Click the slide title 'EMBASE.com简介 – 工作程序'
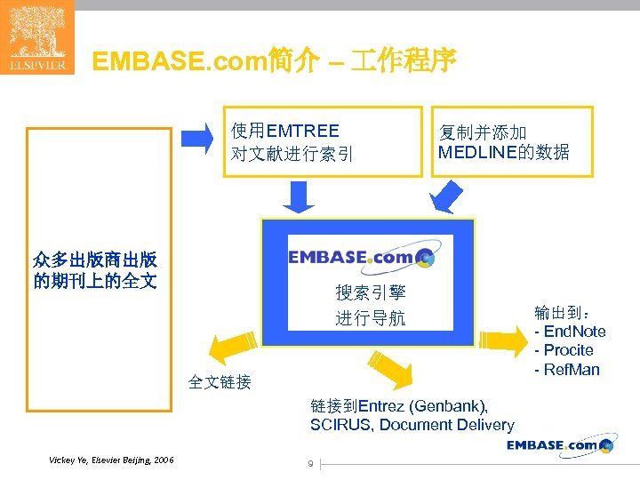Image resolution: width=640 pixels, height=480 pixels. coord(275,61)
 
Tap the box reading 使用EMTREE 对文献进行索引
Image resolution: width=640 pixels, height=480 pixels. coord(322,142)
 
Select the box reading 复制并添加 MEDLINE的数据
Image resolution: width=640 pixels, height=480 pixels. coord(512,142)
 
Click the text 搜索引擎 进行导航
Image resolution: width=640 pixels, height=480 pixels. coord(370,305)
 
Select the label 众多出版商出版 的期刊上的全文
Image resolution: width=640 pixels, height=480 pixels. coord(95,271)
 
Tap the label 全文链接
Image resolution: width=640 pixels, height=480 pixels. coord(220,382)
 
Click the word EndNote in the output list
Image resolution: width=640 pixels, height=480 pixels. coord(575,332)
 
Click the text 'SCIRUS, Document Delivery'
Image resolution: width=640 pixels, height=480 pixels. coord(412,425)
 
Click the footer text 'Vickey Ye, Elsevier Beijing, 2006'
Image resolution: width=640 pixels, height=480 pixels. coord(112,460)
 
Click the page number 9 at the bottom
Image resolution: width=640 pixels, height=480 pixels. coord(309,463)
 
